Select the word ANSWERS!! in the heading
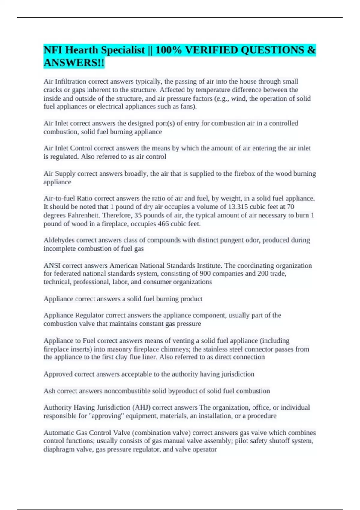[74, 63]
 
